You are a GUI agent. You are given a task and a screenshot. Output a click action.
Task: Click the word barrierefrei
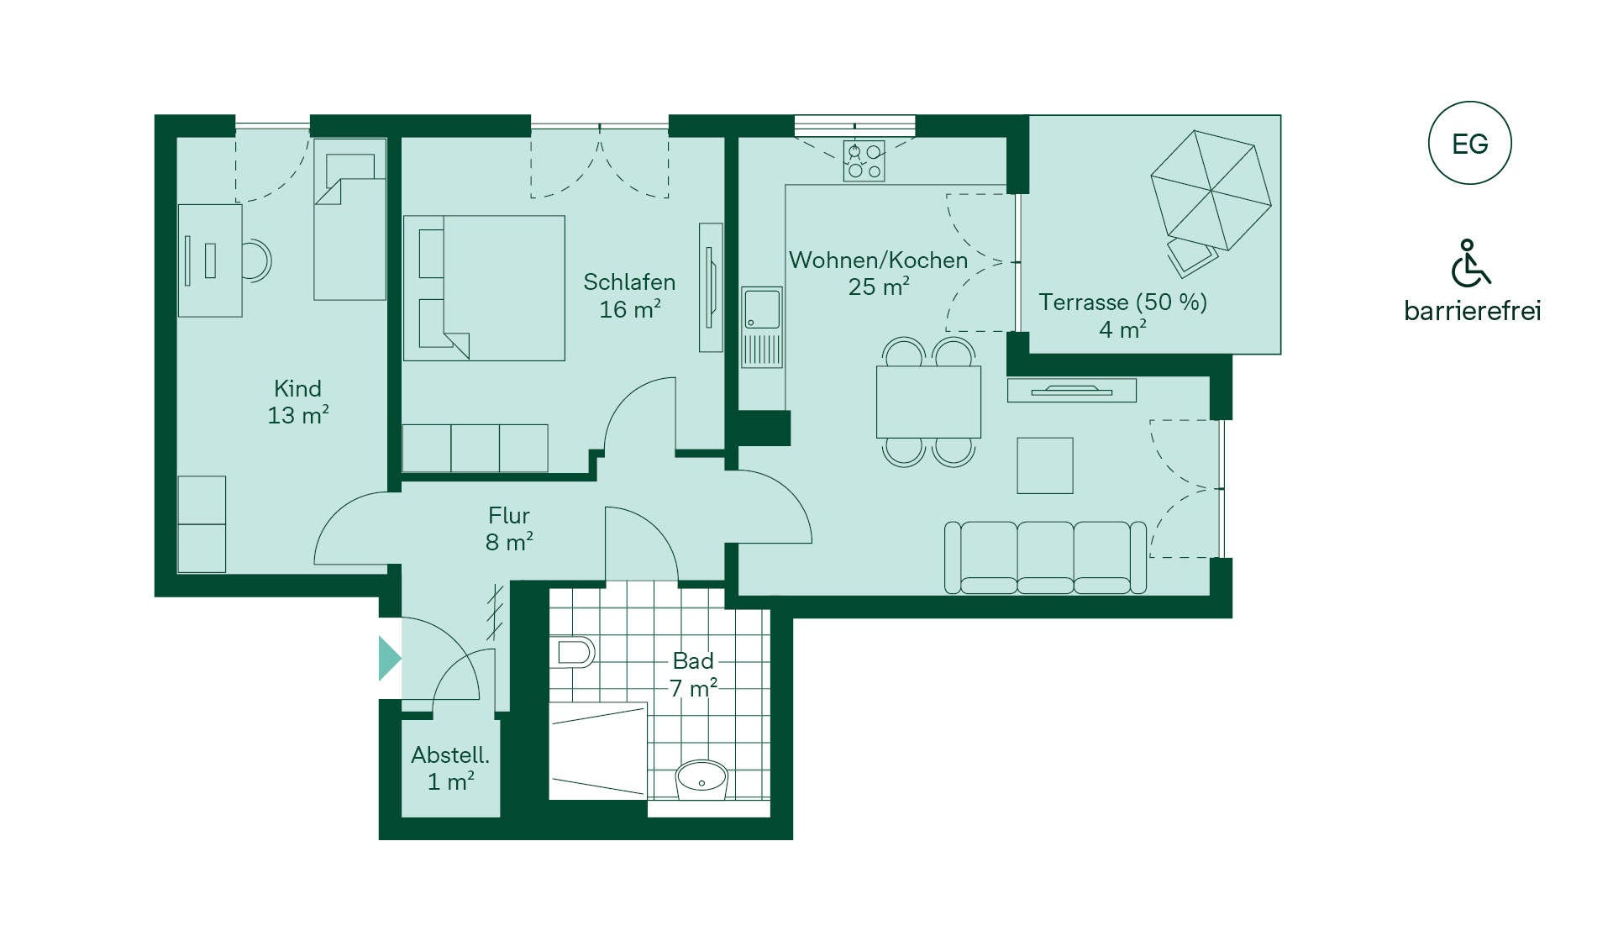pyautogui.click(x=1473, y=311)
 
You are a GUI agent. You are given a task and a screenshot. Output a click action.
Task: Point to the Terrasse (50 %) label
pyautogui.click(x=1122, y=302)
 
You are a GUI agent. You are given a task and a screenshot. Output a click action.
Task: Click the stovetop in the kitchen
pyautogui.click(x=864, y=161)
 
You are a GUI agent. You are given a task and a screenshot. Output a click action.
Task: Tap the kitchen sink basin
pyautogui.click(x=761, y=309)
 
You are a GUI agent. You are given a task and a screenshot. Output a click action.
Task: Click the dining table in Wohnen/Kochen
pyautogui.click(x=928, y=402)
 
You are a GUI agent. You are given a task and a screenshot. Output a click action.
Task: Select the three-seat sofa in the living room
pyautogui.click(x=1045, y=558)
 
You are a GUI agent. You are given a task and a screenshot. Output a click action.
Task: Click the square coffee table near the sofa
pyautogui.click(x=1045, y=465)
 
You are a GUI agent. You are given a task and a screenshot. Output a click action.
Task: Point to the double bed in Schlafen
pyautogui.click(x=484, y=288)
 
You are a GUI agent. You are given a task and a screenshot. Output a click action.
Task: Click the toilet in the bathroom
pyautogui.click(x=575, y=652)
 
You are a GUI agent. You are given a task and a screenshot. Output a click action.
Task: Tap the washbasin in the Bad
pyautogui.click(x=701, y=779)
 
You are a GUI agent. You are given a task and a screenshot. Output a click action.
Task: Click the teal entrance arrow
pyautogui.click(x=390, y=657)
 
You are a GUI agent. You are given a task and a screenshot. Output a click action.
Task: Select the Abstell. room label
pyautogui.click(x=450, y=754)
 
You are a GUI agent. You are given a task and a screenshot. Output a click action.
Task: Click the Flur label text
pyautogui.click(x=509, y=515)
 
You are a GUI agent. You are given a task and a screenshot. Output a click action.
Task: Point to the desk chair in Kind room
pyautogui.click(x=258, y=260)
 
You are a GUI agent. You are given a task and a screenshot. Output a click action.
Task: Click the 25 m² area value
pyautogui.click(x=879, y=287)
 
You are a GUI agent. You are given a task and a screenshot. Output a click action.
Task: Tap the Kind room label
pyautogui.click(x=297, y=388)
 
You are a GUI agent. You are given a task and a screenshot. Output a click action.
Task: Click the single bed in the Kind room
pyautogui.click(x=349, y=219)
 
